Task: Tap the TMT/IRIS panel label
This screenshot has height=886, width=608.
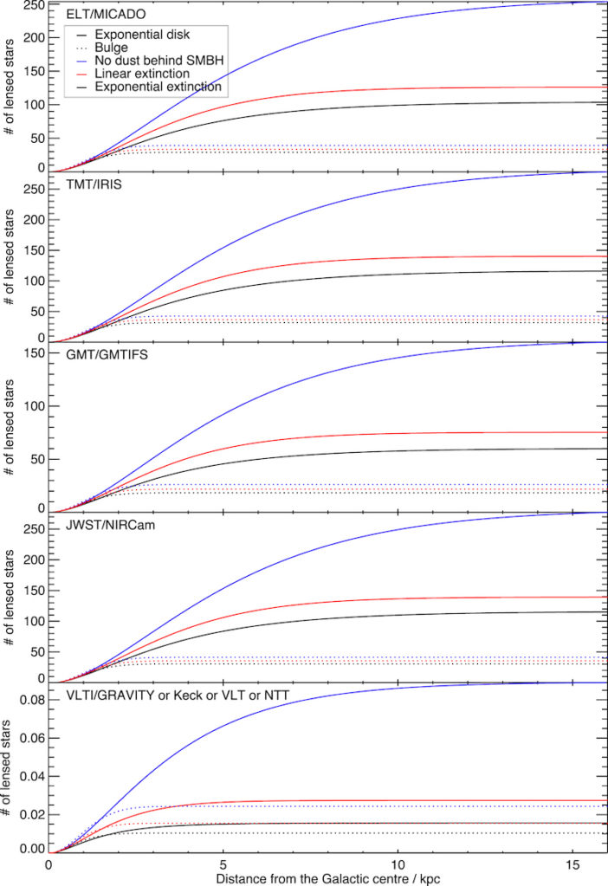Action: click(85, 185)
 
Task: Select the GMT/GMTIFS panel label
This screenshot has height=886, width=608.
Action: click(99, 356)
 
